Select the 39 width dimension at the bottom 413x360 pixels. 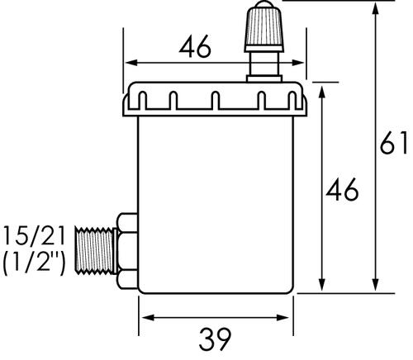pos(216,339)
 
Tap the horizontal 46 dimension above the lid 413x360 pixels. pos(195,48)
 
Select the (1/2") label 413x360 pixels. pos(34,265)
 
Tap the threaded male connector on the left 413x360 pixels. pos(97,253)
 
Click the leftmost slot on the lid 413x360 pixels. pos(141,102)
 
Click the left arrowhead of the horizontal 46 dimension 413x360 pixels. pos(130,63)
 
